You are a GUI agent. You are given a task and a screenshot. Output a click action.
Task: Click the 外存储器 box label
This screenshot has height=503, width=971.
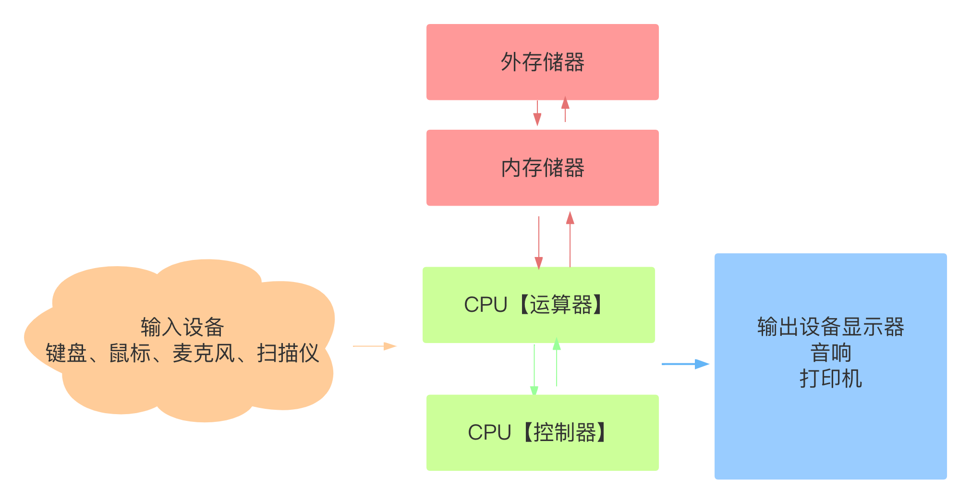click(542, 62)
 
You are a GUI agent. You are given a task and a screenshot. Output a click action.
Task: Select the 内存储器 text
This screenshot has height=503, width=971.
click(542, 168)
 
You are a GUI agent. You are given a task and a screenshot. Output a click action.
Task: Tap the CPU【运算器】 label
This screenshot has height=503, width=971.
click(534, 305)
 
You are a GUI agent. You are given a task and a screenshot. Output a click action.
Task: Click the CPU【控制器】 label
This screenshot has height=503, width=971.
click(538, 432)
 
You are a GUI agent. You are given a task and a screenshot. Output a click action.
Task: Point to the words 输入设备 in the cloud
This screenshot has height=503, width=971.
click(182, 327)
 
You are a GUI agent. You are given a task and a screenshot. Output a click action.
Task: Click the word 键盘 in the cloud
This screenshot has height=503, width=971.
click(66, 353)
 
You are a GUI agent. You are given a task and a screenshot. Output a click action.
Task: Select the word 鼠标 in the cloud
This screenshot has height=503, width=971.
click(130, 353)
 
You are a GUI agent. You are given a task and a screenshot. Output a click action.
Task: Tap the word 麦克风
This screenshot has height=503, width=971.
click(204, 353)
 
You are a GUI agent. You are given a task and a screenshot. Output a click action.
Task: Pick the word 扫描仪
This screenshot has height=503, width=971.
click(288, 353)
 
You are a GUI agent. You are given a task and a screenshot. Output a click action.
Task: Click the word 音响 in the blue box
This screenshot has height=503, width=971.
click(831, 353)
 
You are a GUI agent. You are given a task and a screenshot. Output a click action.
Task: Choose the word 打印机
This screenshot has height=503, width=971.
click(831, 379)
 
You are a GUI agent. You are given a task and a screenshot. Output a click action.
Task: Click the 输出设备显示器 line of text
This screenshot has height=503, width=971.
click(831, 327)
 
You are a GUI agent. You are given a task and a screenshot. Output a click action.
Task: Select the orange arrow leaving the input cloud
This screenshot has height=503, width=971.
click(375, 346)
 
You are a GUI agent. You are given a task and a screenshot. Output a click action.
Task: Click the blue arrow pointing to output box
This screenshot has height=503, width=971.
click(685, 364)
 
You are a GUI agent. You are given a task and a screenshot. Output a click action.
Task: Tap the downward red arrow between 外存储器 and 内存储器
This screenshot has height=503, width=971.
click(537, 113)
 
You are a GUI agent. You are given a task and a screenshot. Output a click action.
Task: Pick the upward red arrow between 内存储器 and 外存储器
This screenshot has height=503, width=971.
click(565, 110)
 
